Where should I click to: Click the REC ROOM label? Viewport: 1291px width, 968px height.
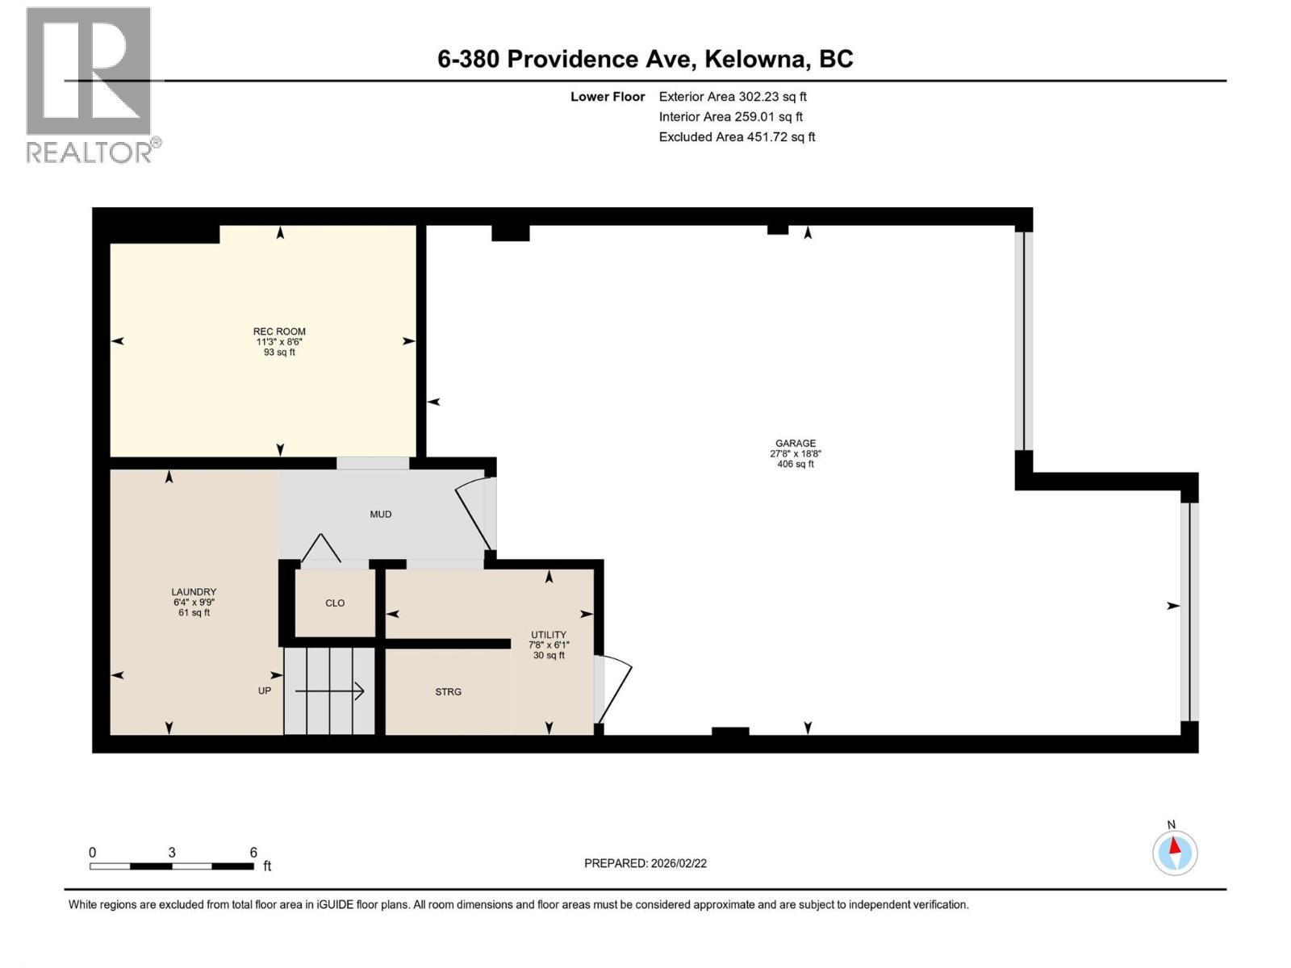(279, 332)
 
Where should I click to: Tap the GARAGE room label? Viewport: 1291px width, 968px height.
(796, 444)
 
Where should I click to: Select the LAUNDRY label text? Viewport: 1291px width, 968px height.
(194, 592)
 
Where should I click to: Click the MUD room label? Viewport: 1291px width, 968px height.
(380, 515)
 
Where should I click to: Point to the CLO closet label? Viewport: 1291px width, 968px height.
(335, 603)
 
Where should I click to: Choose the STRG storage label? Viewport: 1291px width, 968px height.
(448, 692)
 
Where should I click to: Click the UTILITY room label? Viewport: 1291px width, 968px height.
(549, 635)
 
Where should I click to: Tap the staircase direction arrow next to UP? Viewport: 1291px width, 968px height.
(329, 691)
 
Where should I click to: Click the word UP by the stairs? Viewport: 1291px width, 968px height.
(265, 691)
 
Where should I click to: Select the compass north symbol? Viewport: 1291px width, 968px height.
(1175, 851)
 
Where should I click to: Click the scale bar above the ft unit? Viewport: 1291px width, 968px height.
(171, 866)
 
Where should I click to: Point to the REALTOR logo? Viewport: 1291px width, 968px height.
(90, 85)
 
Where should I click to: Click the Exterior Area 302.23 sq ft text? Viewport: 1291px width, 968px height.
(733, 97)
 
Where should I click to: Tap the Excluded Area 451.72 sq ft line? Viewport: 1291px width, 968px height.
(737, 137)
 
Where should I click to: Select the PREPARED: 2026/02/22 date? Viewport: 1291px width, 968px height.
(645, 863)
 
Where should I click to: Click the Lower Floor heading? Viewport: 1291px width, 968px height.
(608, 97)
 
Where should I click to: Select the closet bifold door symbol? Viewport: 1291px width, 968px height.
(321, 549)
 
